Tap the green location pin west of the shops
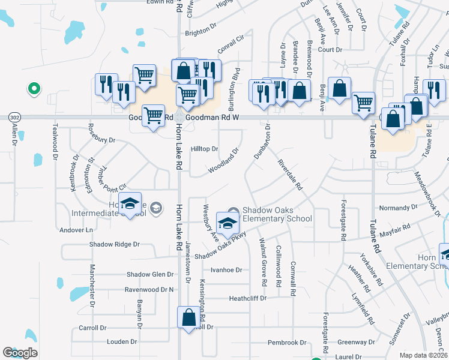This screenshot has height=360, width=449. (x=34, y=89)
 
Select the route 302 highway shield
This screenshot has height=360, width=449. (x=13, y=118)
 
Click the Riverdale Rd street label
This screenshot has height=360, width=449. (x=289, y=175)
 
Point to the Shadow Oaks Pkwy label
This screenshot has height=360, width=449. (x=220, y=245)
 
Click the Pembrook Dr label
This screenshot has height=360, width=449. (x=287, y=343)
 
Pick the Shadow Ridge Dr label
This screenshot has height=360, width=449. (x=115, y=244)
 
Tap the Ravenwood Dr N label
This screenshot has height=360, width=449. (x=149, y=289)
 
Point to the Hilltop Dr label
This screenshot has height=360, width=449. (x=204, y=149)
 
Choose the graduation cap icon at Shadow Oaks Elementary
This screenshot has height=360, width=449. (x=228, y=223)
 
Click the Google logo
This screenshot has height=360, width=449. (x=20, y=353)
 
